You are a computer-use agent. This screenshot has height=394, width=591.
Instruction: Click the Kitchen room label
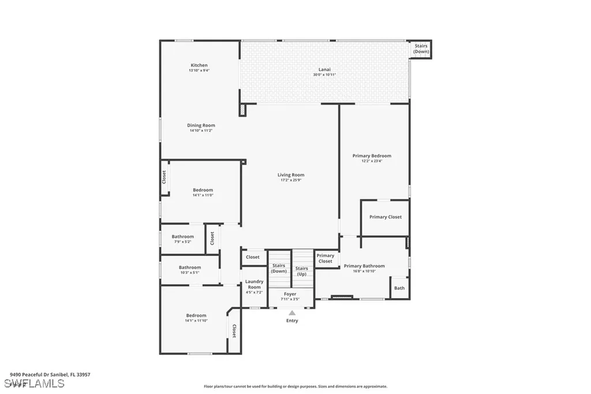[199, 65]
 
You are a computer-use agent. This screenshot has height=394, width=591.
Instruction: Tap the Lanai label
[325, 69]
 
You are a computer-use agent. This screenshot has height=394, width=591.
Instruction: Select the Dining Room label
[201, 125]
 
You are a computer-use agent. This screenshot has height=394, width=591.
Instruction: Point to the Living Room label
[291, 175]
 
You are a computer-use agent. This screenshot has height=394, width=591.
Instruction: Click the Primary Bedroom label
[372, 156]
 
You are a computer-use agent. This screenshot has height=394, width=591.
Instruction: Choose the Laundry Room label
[254, 284]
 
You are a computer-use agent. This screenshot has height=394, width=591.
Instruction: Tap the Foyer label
[290, 294]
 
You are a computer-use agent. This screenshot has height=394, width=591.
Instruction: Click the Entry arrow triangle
[292, 313]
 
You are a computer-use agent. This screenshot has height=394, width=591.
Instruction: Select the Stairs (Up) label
[302, 271]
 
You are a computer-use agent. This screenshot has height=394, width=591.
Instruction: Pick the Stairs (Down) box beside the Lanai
[421, 49]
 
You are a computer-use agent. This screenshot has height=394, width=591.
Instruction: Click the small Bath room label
[399, 288]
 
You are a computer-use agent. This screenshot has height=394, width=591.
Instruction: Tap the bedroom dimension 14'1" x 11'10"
[196, 321]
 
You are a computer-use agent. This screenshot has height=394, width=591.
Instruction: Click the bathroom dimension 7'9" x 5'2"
[182, 242]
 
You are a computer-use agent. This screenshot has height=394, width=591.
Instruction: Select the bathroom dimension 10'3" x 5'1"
[189, 273]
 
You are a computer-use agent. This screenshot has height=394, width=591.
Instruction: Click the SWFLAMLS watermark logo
[34, 384]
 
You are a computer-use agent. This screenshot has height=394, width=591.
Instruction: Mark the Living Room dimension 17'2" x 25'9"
[291, 180]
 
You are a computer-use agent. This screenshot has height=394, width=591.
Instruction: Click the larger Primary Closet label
[386, 217]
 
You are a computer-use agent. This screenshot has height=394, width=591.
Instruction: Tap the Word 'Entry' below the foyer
[292, 321]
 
